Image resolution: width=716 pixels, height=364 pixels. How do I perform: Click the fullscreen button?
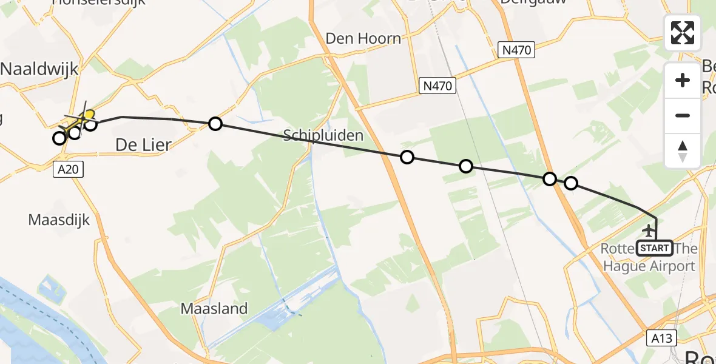coord(683,33)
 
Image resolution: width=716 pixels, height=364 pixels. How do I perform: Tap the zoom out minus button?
coord(683,115)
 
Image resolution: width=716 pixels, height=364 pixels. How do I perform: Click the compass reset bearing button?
coord(683,150)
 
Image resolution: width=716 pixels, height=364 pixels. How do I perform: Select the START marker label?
coord(655,248)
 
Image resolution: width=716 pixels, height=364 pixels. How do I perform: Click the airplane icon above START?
coord(649,231)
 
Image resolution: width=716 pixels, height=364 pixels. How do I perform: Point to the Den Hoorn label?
coord(363,39)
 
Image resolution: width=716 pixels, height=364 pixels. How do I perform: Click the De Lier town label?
coord(144,144)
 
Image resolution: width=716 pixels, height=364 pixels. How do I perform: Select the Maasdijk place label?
coord(59,220)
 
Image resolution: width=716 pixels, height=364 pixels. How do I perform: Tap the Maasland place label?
coord(214,309)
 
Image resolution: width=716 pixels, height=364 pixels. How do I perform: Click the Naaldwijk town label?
coord(40,69)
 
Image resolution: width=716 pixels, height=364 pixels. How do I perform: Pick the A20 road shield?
coord(68,169)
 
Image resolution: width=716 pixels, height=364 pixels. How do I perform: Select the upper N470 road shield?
coord(517,50)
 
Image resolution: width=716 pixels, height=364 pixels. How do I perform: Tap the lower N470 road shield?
coord(437,86)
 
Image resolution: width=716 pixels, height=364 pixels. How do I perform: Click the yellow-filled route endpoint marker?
coord(89,114)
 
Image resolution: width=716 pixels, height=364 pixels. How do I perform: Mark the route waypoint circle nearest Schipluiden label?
coord(407,158)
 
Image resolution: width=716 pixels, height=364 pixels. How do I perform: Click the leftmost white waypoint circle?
coord(59,138)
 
